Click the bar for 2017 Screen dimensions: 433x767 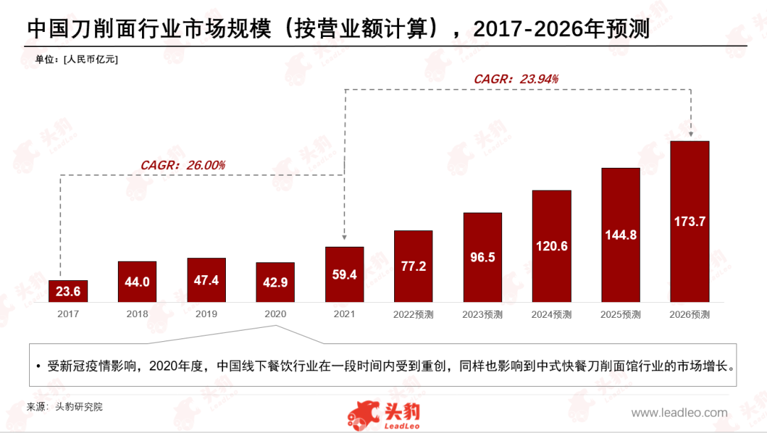[68, 291]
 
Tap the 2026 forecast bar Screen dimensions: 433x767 [690, 221]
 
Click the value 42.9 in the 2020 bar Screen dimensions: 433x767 [275, 283]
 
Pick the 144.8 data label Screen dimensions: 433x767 [621, 234]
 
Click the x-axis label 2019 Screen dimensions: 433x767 [206, 314]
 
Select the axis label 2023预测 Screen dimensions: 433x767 [483, 314]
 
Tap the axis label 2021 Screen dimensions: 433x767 [344, 314]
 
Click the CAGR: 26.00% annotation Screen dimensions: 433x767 [183, 165]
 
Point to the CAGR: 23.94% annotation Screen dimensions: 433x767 [516, 79]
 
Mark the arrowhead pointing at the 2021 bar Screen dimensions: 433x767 [344, 240]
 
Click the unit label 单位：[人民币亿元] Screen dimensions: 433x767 [77, 59]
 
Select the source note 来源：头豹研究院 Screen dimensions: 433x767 [65, 407]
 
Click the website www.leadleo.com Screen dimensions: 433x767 [679, 412]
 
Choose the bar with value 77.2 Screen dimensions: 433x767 [413, 267]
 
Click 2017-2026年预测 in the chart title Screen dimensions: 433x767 [561, 28]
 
